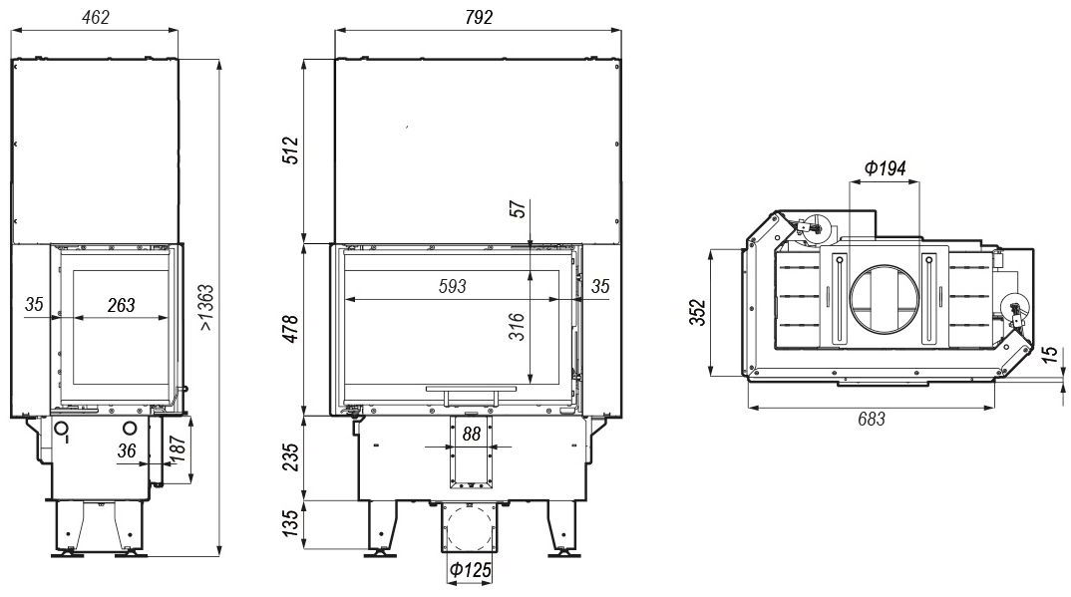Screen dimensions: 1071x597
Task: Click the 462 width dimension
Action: coord(95,17)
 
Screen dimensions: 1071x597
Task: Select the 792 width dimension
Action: coord(478,17)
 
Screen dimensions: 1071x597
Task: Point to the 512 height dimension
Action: coord(290,150)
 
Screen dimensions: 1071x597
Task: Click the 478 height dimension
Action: coord(290,329)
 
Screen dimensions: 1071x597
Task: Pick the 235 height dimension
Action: coord(290,457)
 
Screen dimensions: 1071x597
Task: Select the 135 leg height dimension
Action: coord(290,523)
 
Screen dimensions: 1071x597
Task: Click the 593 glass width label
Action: coord(452,286)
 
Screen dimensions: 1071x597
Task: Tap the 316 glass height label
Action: coord(518,326)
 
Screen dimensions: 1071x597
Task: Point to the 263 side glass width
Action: coord(121,305)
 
